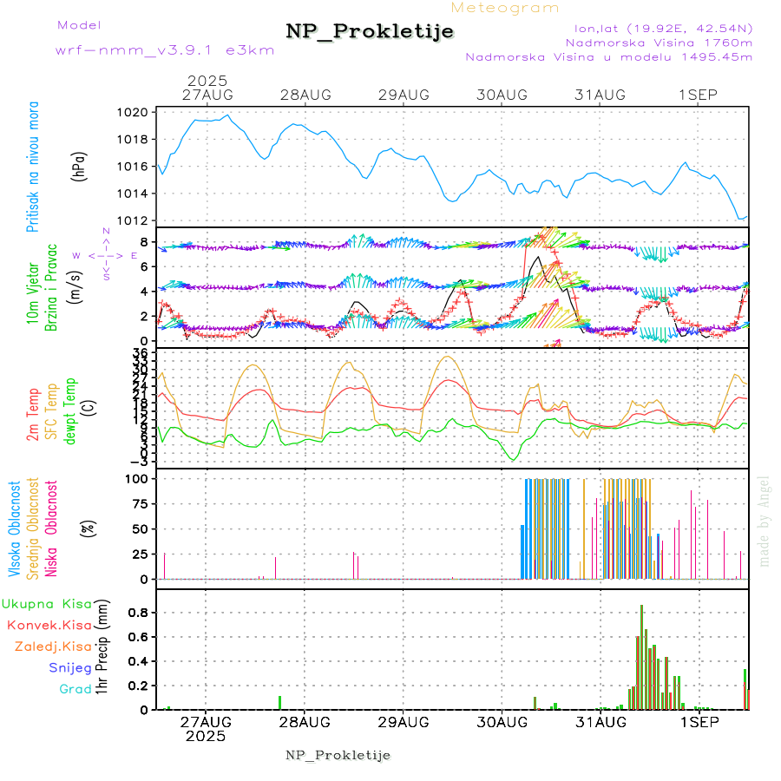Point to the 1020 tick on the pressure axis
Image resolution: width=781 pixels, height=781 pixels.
pos(138,112)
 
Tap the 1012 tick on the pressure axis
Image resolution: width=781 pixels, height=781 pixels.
pos(138,220)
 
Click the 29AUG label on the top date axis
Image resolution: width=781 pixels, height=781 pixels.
pos(404,95)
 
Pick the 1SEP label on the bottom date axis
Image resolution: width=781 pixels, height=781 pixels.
pos(698,721)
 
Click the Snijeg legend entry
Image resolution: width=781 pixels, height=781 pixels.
pos(70,668)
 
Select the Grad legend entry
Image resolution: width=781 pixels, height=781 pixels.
pos(75,689)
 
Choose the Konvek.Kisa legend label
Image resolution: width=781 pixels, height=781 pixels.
pos(49,625)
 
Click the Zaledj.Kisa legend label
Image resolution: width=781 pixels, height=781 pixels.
pos(53,646)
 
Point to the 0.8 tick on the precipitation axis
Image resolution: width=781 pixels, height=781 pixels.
pos(139,612)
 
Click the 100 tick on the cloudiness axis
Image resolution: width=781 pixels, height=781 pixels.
pos(140,478)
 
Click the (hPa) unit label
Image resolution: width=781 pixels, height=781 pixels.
pos(79,165)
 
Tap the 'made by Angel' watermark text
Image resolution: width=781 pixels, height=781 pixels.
pos(765,521)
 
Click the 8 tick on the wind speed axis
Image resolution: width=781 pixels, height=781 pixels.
pos(148,242)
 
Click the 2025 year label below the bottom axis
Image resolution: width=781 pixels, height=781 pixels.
pos(206,736)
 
